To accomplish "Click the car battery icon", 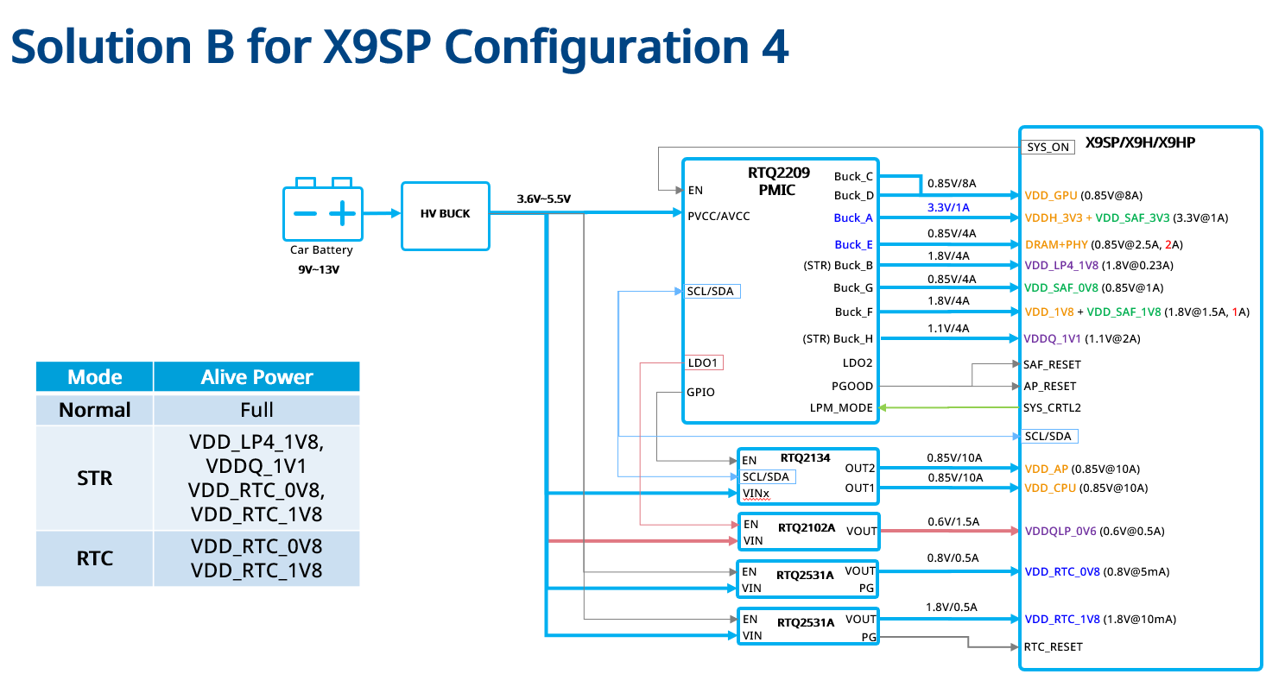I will click(323, 210).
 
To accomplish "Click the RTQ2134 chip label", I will click(805, 458).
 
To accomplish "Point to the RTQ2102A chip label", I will click(806, 527).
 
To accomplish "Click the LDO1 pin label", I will click(704, 363).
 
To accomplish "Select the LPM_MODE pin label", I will click(841, 408).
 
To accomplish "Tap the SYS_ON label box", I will click(1048, 147).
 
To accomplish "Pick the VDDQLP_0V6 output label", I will click(1060, 532).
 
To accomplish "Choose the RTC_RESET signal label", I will click(1053, 647).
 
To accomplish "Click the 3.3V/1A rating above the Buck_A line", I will click(947, 207).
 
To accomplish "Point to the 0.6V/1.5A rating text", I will click(953, 521).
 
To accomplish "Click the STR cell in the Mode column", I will click(95, 477).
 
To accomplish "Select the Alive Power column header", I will click(256, 377).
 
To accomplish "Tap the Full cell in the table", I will click(256, 410).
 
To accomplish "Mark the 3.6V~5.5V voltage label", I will click(543, 199).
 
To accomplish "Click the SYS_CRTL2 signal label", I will click(1052, 408).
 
